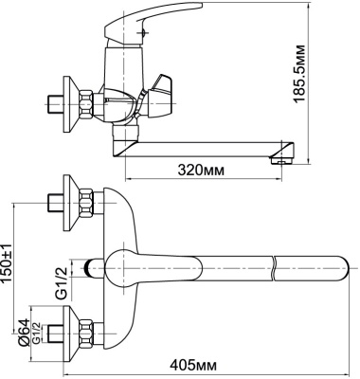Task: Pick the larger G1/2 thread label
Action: point(60,280)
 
